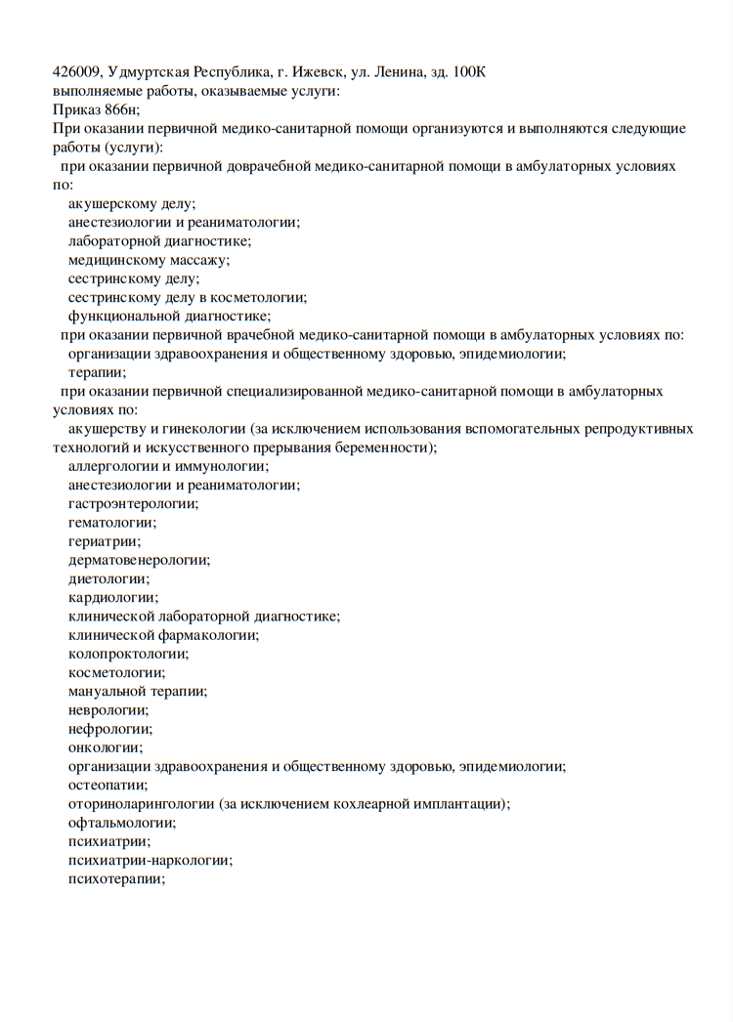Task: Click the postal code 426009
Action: [x=76, y=72]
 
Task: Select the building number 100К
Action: [x=468, y=72]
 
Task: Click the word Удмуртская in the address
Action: [x=148, y=72]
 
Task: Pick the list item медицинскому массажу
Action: [x=149, y=260]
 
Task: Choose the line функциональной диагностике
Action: [x=168, y=316]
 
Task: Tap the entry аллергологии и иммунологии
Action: [x=168, y=466]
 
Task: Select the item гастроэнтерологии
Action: [x=133, y=503]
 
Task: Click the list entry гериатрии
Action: [x=104, y=540]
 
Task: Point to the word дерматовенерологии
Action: [x=139, y=560]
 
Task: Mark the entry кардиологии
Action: [x=112, y=597]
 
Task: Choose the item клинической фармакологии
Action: [x=163, y=635]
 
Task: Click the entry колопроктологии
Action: [x=128, y=654]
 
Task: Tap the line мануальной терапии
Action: [x=137, y=691]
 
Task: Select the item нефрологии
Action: [x=109, y=728]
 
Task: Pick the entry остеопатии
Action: [x=108, y=785]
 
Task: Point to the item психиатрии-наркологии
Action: [x=150, y=860]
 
